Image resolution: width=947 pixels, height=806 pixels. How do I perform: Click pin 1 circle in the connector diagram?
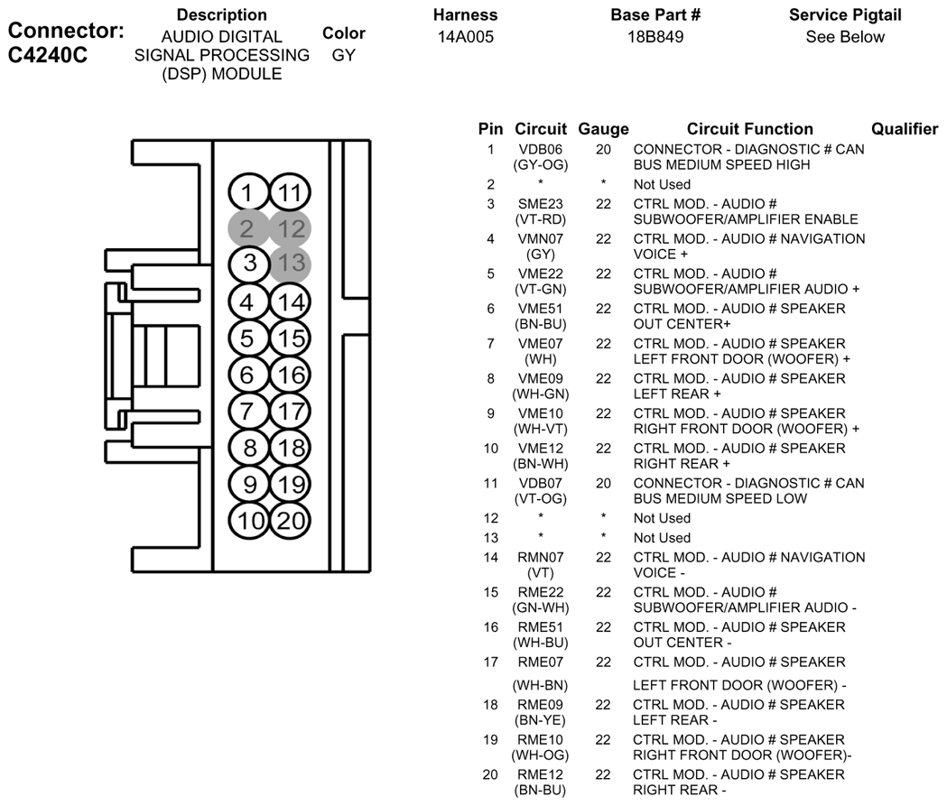pyautogui.click(x=248, y=192)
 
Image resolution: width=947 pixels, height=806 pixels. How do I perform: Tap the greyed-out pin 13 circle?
pyautogui.click(x=290, y=264)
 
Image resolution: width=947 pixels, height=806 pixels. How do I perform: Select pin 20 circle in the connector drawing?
pyautogui.click(x=290, y=521)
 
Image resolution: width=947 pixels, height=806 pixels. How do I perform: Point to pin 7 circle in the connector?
pyautogui.click(x=248, y=412)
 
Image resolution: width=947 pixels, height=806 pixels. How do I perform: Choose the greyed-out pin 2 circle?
pyautogui.click(x=248, y=228)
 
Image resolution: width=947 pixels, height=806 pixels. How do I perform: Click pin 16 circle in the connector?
pyautogui.click(x=290, y=375)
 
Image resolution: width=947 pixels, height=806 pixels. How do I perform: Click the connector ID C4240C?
pyautogui.click(x=48, y=55)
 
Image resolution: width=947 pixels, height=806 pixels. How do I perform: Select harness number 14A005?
pyautogui.click(x=466, y=37)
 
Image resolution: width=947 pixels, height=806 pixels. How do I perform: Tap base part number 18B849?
pyautogui.click(x=655, y=37)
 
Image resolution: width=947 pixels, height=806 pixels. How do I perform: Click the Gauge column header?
pyautogui.click(x=603, y=129)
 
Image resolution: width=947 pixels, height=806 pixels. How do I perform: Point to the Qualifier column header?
pyautogui.click(x=905, y=129)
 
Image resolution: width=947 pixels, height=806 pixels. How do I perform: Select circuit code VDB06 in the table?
pyautogui.click(x=541, y=149)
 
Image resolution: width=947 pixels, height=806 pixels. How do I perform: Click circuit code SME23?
pyautogui.click(x=541, y=204)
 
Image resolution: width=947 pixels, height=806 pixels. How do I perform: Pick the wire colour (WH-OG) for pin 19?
pyautogui.click(x=541, y=755)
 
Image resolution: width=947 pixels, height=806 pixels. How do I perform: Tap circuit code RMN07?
pyautogui.click(x=541, y=557)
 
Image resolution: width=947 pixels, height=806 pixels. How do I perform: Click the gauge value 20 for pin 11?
pyautogui.click(x=603, y=484)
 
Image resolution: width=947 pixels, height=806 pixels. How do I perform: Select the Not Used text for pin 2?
pyautogui.click(x=662, y=184)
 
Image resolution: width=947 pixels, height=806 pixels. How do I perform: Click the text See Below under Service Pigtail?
pyautogui.click(x=845, y=37)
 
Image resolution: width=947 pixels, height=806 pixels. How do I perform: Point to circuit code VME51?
pyautogui.click(x=541, y=309)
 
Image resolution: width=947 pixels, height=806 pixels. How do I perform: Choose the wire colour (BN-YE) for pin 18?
pyautogui.click(x=541, y=720)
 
